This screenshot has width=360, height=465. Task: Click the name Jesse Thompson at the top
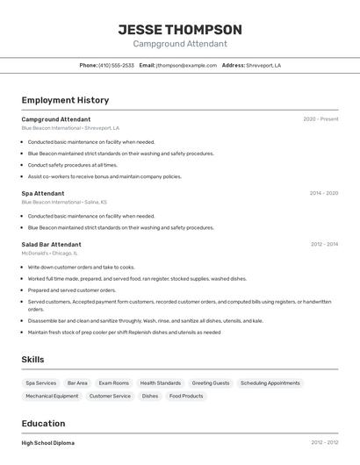tap(180, 30)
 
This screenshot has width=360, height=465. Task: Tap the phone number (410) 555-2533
tap(117, 65)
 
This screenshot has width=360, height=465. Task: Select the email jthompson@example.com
tap(186, 65)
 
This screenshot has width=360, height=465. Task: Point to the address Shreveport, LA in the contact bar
tap(263, 65)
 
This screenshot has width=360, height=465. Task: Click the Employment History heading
tap(65, 100)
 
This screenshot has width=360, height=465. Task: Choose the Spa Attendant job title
tap(43, 193)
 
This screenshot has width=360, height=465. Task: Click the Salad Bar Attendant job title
tap(51, 244)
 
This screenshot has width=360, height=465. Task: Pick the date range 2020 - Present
tap(320, 119)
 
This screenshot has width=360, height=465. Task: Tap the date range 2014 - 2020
tap(323, 193)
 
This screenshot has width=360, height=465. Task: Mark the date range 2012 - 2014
tap(323, 244)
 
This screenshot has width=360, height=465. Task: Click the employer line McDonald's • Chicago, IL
tap(50, 253)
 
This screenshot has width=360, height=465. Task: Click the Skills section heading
tap(33, 360)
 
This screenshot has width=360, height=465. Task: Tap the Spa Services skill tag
tap(41, 383)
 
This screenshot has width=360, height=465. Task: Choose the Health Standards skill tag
tap(160, 383)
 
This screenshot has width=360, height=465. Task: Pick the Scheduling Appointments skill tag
tap(270, 383)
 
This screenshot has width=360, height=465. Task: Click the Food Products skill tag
tap(186, 396)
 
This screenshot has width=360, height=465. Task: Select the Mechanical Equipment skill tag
tap(52, 396)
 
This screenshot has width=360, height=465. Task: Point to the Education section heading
tap(44, 423)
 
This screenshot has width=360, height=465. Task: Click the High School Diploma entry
tap(48, 443)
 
